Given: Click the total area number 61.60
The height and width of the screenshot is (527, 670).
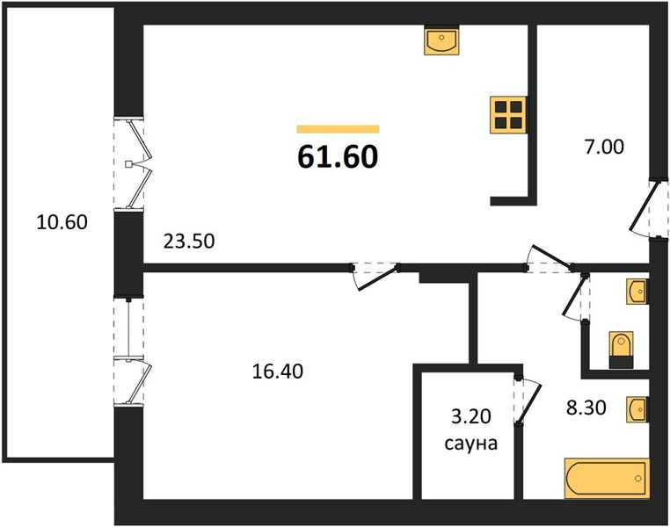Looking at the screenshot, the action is point(338,156).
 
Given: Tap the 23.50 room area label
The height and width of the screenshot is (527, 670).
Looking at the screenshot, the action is point(189,242).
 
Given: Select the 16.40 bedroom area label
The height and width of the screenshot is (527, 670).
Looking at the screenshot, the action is point(278,372).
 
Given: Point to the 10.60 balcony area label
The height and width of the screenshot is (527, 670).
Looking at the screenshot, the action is point(62,222).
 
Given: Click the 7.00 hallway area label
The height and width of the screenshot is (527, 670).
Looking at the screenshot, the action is point(604,148).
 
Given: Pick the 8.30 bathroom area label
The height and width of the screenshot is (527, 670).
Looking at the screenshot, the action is point(586,408).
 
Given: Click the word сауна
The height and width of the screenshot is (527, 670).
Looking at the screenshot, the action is point(471,444).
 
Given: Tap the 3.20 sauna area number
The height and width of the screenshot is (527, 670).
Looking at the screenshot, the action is point(471,416).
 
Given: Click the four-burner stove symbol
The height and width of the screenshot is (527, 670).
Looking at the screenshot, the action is point(508,114).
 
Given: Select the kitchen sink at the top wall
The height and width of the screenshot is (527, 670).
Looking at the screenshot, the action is point(441,40).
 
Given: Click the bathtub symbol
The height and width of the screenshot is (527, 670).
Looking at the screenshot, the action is point(608,479).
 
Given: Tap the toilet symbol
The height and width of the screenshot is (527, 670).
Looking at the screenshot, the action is point(621,350).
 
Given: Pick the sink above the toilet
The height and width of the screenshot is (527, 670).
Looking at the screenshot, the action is point(637,292).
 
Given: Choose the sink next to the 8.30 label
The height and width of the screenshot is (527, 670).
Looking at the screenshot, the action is point(637,409).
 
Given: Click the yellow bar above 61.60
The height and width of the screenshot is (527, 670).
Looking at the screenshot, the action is point(338,129).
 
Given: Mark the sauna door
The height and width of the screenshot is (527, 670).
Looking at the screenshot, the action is point(528,401).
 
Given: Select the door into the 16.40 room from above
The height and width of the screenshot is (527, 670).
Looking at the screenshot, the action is point(375,277).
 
